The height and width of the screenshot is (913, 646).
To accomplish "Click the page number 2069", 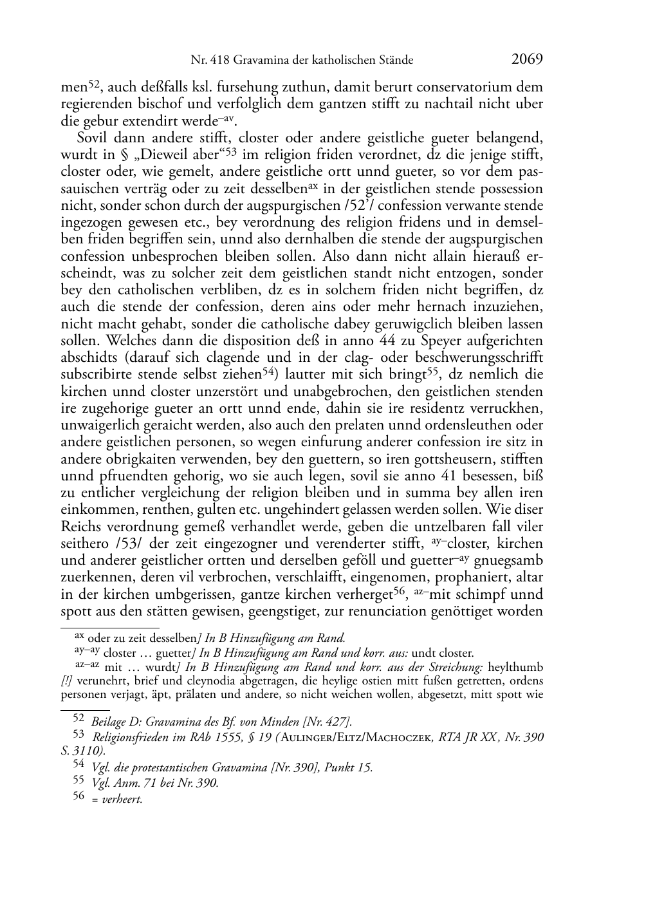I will [528, 59].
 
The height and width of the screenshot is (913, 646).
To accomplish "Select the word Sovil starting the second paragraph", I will [93, 138].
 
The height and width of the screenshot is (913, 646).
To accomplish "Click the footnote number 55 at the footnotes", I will [78, 783].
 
